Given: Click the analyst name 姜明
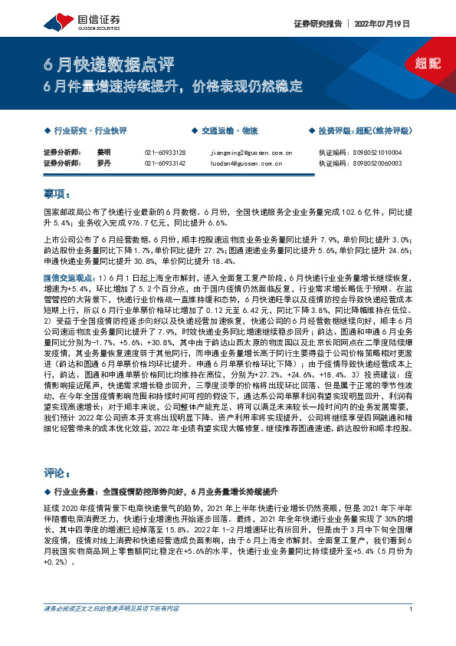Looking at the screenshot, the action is coord(103,153).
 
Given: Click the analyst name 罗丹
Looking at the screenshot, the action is coord(103,163).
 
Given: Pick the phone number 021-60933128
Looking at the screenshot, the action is coord(166,153).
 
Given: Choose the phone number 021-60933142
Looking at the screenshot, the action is coord(166,163).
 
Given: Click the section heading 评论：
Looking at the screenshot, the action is coord(58,472).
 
